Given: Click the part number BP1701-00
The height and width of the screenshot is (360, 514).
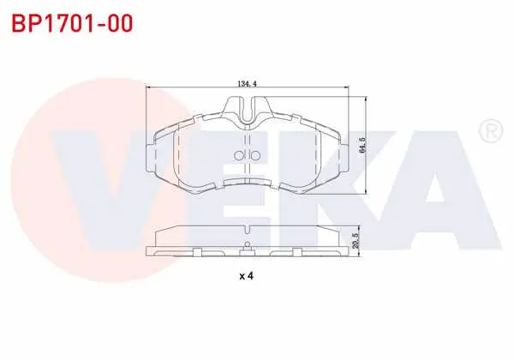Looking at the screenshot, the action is [72, 23].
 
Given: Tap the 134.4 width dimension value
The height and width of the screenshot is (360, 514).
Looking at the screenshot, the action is [247, 84].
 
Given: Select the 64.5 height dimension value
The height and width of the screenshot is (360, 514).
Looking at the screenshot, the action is [362, 146].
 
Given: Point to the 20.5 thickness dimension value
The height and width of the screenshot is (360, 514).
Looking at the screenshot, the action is [356, 241].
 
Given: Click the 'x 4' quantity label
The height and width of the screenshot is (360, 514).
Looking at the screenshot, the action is [247, 276].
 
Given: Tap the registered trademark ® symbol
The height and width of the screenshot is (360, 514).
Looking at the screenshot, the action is [490, 131].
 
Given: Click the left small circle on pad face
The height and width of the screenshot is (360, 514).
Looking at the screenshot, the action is [238, 155].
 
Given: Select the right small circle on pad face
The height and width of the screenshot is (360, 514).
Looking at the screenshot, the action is [255, 155].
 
